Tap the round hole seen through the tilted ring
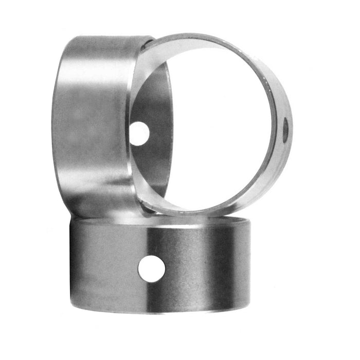[x=139, y=134]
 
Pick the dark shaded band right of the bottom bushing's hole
[x=206, y=267]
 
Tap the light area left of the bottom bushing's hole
[x=113, y=267]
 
